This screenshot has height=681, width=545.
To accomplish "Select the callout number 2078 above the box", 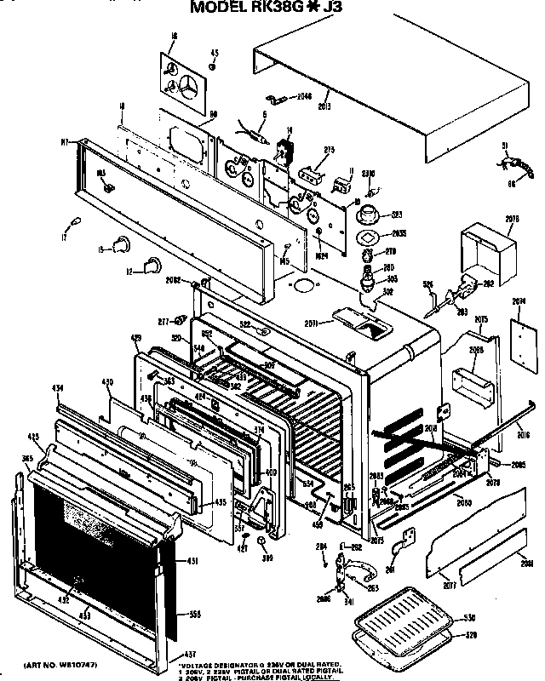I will coord(512,220).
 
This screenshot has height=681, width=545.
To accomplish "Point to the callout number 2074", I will coord(520,300).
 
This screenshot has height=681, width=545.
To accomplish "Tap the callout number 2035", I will coord(400,233).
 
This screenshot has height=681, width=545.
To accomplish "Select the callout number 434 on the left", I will coord(58,388).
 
